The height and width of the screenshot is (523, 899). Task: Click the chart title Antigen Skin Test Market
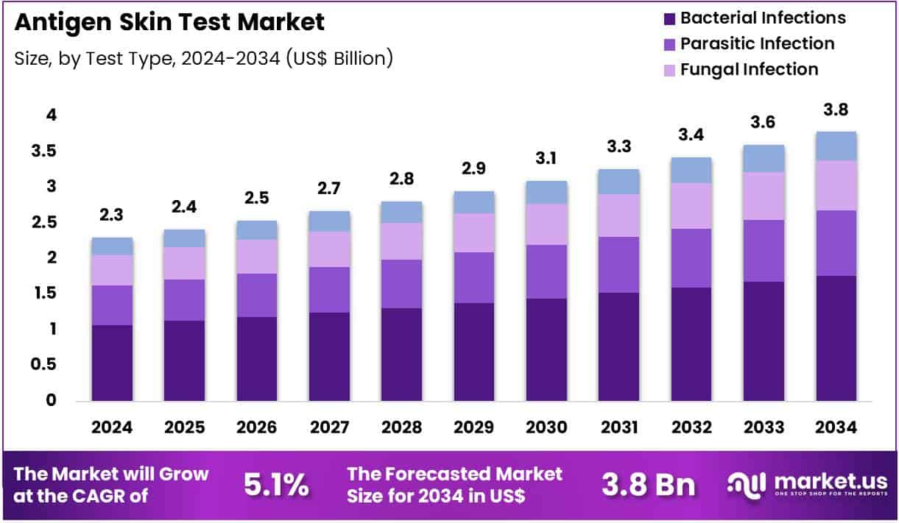pos(169,22)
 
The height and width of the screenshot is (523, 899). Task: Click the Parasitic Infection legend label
pos(757,43)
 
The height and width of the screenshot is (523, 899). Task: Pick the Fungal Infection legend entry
pos(749,69)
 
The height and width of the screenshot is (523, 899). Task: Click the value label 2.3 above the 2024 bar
pos(112,215)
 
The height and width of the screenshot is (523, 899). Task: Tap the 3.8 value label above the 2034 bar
pos(836,110)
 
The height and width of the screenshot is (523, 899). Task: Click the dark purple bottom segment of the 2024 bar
pos(112,363)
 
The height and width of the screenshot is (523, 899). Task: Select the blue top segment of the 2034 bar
pos(836,146)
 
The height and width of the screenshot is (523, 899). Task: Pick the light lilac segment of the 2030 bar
pos(546,224)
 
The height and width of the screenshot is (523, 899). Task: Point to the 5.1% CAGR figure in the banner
pos(275,485)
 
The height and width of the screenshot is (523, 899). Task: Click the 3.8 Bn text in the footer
pos(648,485)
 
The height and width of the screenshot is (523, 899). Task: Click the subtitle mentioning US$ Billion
pos(203,58)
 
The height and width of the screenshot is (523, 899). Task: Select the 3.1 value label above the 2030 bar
pos(546,158)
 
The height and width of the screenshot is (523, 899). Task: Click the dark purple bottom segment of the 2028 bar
pos(401,354)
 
